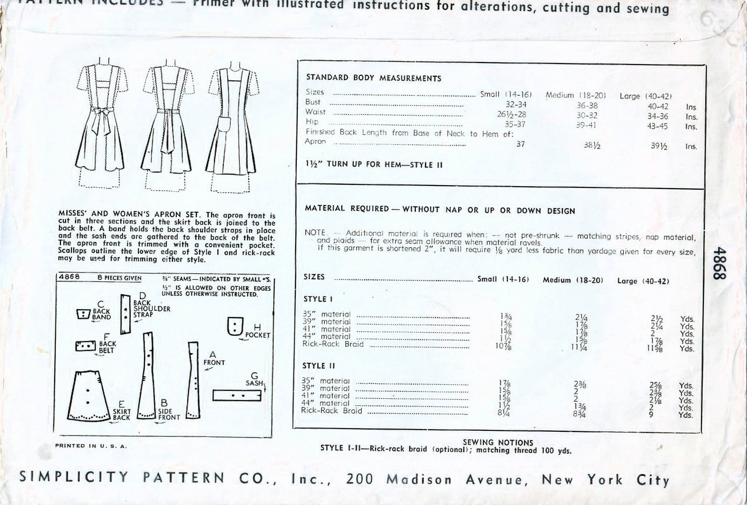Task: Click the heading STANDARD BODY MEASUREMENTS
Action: [x=373, y=78]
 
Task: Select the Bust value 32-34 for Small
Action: [x=516, y=104]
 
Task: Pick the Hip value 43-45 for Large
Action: [x=658, y=126]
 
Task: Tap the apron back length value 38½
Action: [x=592, y=146]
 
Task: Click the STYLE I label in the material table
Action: [x=315, y=299]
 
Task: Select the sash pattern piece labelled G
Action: [x=237, y=396]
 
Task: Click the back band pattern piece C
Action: [x=83, y=314]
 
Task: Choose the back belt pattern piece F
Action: [x=85, y=346]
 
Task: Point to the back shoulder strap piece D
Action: [x=125, y=314]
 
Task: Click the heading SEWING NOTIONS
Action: [x=498, y=442]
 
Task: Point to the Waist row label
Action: [x=315, y=112]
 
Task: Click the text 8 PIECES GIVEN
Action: [x=119, y=278]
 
